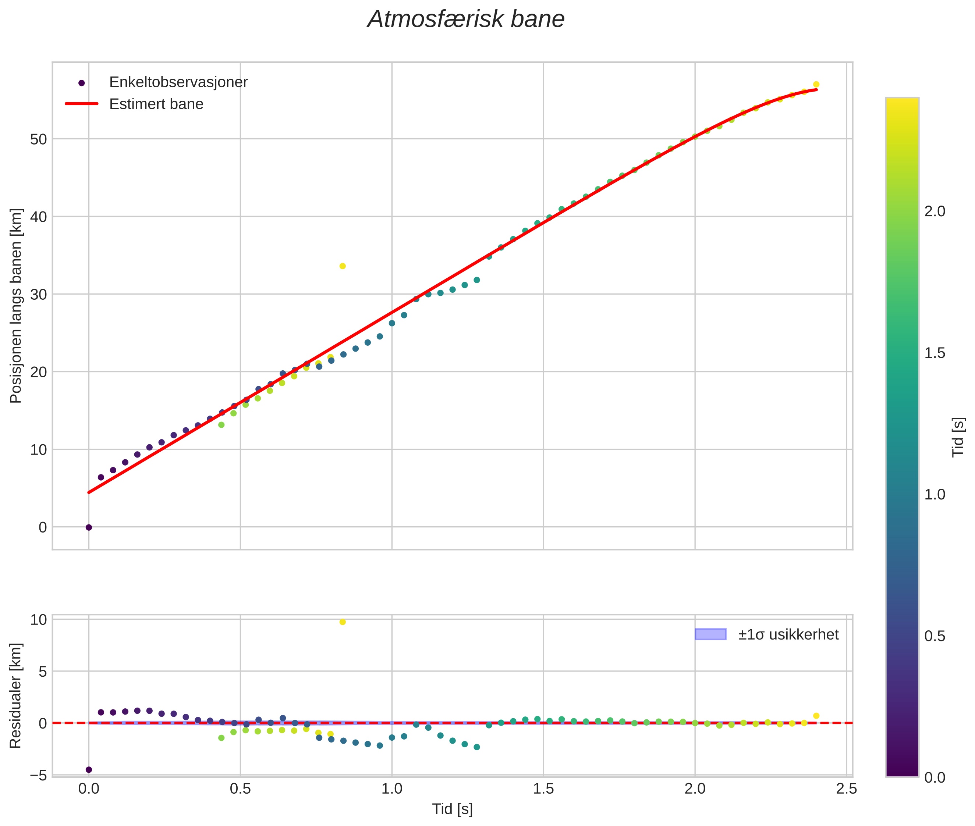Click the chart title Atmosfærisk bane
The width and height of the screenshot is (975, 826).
click(466, 19)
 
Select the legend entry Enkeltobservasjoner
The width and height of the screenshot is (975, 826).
click(178, 82)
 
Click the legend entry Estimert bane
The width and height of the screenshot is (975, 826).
click(156, 104)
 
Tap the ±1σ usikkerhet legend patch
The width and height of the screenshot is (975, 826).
click(710, 634)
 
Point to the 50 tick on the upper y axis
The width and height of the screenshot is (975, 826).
click(38, 139)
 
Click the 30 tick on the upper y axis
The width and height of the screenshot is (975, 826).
click(38, 295)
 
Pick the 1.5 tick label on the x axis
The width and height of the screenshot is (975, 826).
click(543, 789)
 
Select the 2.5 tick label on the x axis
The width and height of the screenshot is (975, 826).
click(847, 789)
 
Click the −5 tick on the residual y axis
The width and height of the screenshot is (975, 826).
click(38, 775)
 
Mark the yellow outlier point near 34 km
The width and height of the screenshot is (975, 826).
click(343, 266)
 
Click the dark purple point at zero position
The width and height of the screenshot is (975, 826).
click(89, 527)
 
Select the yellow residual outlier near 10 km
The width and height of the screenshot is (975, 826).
click(343, 622)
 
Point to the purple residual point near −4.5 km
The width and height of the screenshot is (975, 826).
click(89, 769)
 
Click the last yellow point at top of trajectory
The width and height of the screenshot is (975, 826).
click(816, 84)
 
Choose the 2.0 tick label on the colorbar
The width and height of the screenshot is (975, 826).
click(935, 212)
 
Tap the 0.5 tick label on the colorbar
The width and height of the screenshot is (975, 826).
click(935, 636)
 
